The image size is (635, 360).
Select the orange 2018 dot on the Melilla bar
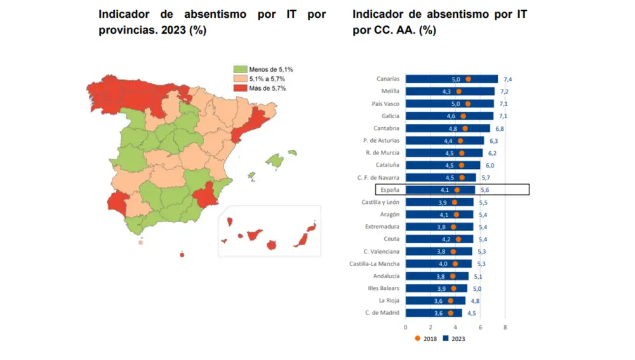click(459, 91)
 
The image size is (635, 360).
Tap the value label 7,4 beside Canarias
click(508, 79)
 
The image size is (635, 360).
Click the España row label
click(389, 190)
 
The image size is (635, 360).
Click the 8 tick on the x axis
click(505, 328)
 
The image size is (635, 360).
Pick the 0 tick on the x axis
click(406, 328)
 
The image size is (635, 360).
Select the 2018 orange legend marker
click(417, 338)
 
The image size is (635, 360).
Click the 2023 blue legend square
click(446, 338)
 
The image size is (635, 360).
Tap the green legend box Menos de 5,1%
click(241, 69)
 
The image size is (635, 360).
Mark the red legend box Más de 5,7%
click(241, 88)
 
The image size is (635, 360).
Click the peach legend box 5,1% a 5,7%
click(241, 79)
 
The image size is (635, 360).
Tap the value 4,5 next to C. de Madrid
click(471, 313)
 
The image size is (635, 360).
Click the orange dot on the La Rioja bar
click(450, 301)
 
